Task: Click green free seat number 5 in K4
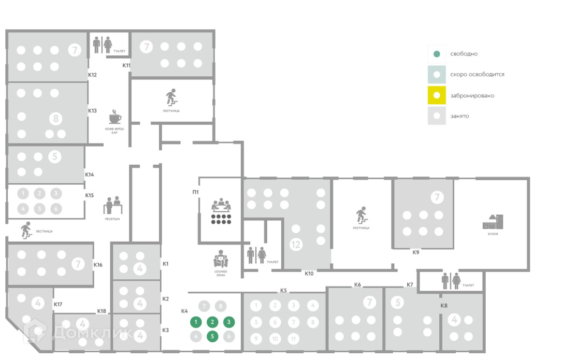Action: (x=212, y=337)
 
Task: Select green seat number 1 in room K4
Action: (x=196, y=322)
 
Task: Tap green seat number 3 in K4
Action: (x=229, y=322)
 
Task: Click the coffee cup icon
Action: (x=115, y=117)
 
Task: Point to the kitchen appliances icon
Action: (x=493, y=222)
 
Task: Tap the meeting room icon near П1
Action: (x=221, y=211)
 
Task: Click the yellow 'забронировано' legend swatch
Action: (x=436, y=95)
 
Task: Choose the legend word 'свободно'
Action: (x=464, y=54)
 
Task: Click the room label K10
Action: (x=309, y=274)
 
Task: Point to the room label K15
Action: (x=89, y=195)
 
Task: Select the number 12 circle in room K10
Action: (x=295, y=245)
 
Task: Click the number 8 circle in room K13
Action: (x=56, y=118)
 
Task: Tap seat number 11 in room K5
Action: (x=293, y=338)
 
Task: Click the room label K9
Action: (x=416, y=252)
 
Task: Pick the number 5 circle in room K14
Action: (x=55, y=157)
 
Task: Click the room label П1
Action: (x=195, y=192)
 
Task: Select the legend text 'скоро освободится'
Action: (x=477, y=75)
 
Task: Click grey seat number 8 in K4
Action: (x=221, y=306)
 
